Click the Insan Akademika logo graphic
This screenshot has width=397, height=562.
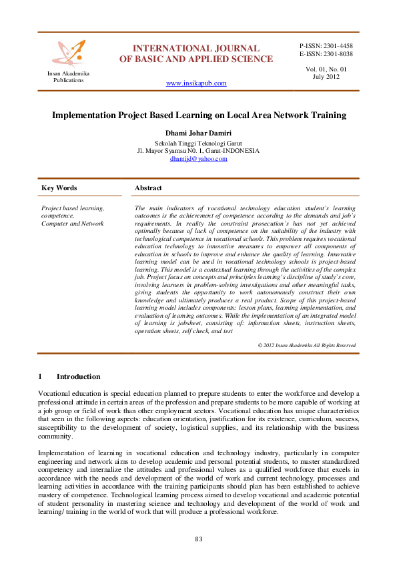(x=69, y=51)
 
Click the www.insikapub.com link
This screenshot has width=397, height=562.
(x=195, y=83)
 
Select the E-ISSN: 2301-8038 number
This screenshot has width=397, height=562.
(x=326, y=54)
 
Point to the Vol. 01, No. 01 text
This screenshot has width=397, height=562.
(x=326, y=69)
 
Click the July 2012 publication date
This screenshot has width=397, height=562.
(x=326, y=77)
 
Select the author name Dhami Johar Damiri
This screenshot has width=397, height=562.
(x=198, y=133)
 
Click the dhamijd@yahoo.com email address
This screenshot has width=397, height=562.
(x=198, y=159)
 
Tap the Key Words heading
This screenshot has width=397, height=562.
(x=59, y=188)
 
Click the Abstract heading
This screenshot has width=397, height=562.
(x=148, y=188)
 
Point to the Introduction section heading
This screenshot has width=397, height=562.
(x=78, y=376)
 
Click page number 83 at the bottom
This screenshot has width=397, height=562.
(x=198, y=539)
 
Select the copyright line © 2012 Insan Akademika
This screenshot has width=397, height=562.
(x=306, y=345)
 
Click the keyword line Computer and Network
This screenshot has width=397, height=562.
(x=72, y=223)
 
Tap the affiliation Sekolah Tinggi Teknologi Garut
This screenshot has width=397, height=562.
(x=198, y=143)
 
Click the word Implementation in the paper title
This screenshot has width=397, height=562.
(x=85, y=115)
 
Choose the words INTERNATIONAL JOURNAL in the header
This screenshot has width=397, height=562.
(x=196, y=48)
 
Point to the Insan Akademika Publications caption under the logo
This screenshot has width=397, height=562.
(x=69, y=77)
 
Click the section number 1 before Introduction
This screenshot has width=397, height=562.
(x=41, y=376)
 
